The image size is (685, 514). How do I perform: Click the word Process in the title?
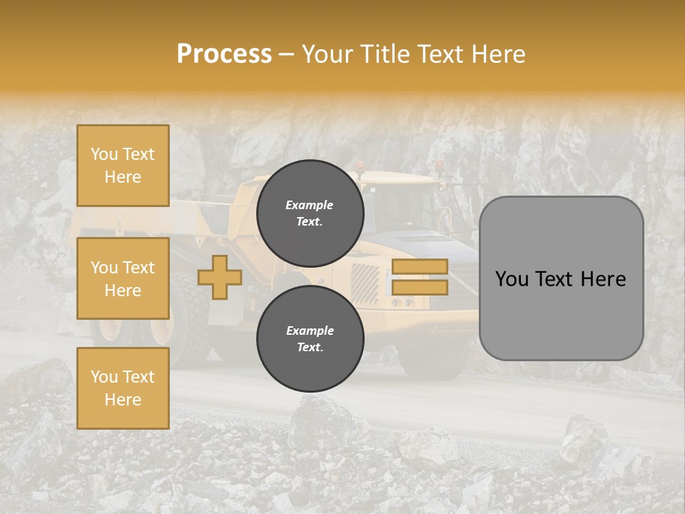[224, 54]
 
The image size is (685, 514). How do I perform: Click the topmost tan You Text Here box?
[123, 166]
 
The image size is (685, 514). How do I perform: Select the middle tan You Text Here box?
[123, 278]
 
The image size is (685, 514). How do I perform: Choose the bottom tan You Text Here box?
[123, 388]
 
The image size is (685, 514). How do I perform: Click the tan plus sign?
[220, 277]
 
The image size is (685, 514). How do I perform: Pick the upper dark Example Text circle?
[310, 213]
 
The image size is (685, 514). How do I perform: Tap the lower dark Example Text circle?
[310, 339]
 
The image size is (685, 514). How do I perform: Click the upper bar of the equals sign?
[420, 266]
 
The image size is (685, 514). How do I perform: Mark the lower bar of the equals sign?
[420, 288]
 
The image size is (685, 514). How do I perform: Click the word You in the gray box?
[512, 279]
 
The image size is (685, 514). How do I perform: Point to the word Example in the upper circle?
[310, 205]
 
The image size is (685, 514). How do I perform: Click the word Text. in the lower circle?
[310, 348]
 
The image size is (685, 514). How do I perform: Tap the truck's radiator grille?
[365, 283]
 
